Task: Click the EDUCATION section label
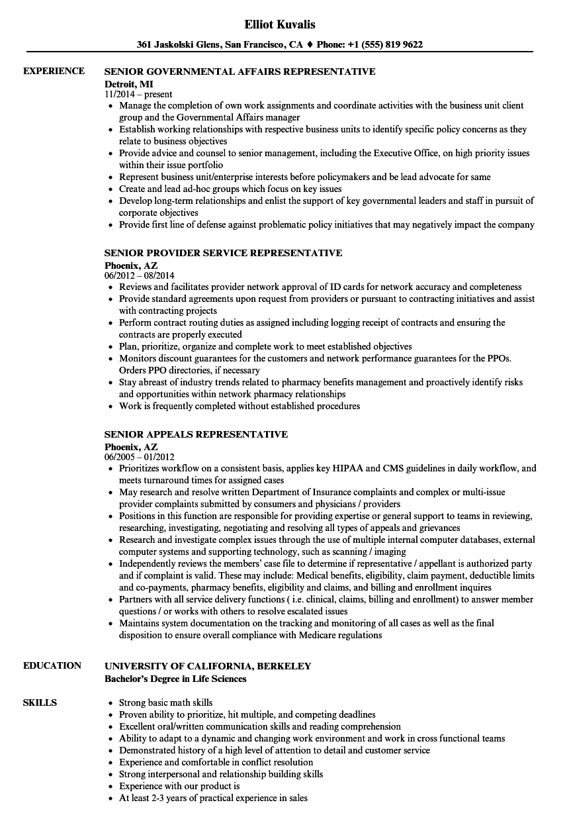coord(52,666)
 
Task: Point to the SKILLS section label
coord(40,702)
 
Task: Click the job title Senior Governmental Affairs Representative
coord(240,72)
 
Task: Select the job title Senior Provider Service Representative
coord(224,253)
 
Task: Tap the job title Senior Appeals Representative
coord(196,434)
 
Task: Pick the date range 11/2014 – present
coord(138,95)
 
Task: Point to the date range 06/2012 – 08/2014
coord(140,275)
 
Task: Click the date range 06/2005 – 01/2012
coord(140,457)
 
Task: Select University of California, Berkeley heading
coord(208,666)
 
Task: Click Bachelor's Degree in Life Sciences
coord(175,679)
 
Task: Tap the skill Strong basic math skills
coord(165,702)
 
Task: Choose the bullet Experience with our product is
coord(179,786)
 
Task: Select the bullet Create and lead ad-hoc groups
coord(230,189)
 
